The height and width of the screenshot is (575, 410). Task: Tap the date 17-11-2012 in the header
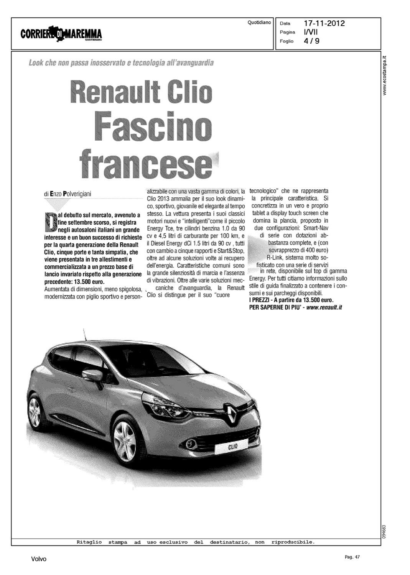(324, 23)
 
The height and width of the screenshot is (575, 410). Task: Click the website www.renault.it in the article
(324, 307)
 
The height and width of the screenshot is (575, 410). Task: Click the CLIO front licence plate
(233, 447)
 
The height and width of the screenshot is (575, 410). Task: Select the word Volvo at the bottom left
(39, 559)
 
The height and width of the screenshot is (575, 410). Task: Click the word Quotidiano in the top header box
(259, 23)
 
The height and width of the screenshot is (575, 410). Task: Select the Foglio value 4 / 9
(311, 41)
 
